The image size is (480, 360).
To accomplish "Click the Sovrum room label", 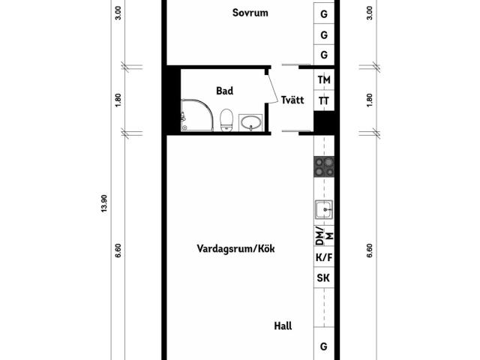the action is [250, 13].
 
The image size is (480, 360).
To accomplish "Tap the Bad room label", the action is [225, 91].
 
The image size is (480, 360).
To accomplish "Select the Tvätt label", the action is [292, 100].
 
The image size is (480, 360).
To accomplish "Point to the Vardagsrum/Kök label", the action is [235, 248].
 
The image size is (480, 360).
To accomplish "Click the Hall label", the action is [283, 326].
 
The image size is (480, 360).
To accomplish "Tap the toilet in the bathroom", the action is [226, 120].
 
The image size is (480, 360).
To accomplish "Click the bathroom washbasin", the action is [250, 123].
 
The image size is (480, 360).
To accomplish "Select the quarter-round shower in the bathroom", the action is [196, 115].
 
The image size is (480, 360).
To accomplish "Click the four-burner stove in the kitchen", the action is [324, 166].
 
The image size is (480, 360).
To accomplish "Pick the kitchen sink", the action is [324, 209].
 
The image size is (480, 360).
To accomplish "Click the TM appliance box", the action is [324, 79].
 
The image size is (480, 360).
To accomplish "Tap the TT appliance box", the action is [324, 100].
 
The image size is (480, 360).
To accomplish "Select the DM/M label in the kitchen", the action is [324, 235].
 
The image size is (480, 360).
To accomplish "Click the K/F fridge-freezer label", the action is [324, 257].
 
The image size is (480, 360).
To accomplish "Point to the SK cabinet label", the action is [323, 278].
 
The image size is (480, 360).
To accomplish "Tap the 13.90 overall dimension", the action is [104, 203].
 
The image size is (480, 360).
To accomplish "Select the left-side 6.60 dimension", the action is [118, 250].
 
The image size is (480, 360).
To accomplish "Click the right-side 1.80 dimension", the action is [370, 100].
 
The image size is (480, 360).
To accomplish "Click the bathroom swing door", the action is [273, 88].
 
